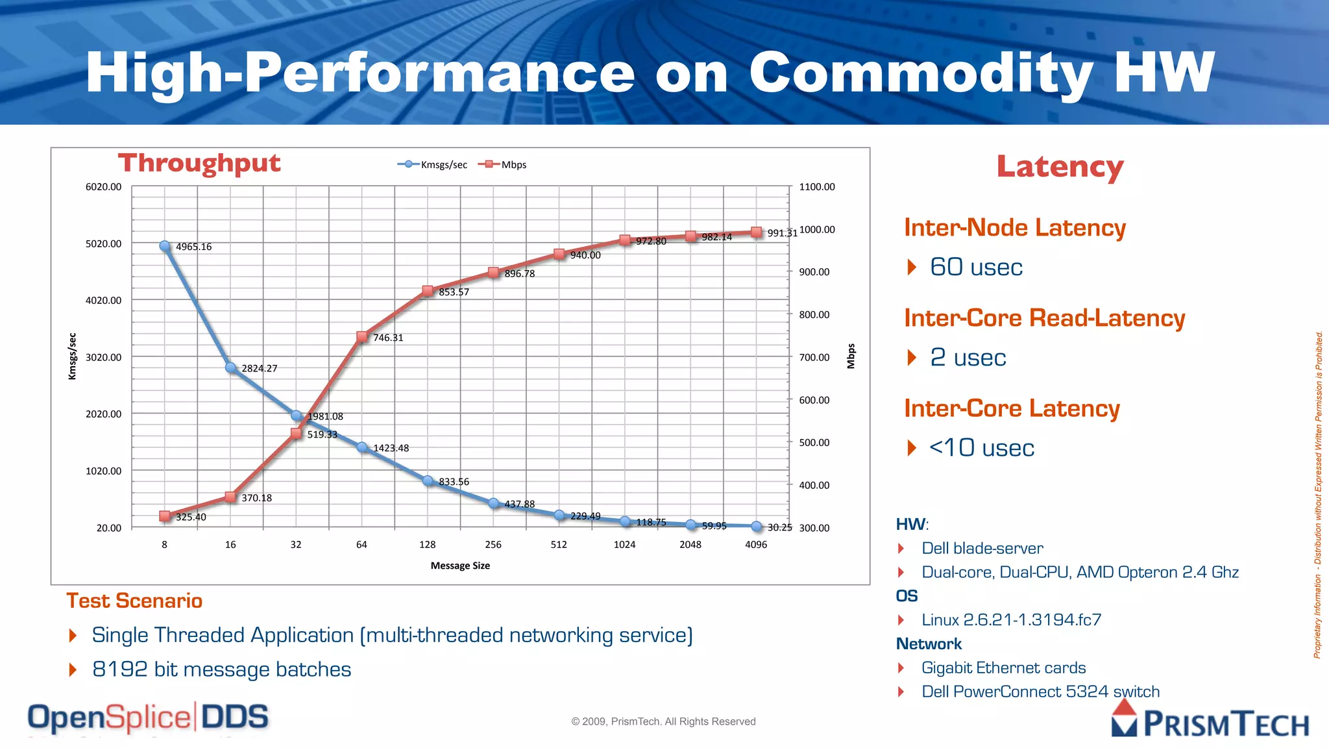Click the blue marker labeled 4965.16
click(x=165, y=246)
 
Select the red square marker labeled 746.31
click(x=362, y=336)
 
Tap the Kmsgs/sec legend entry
click(x=433, y=165)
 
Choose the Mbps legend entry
click(x=503, y=165)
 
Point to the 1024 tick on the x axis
click(x=624, y=545)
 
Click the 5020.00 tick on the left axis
click(x=103, y=243)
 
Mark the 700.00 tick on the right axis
click(x=814, y=357)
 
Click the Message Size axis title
click(x=460, y=566)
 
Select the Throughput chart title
click(x=199, y=164)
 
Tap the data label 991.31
click(x=782, y=233)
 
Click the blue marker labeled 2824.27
click(x=230, y=368)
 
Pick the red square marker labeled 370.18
click(x=230, y=497)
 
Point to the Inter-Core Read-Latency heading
click(x=1044, y=318)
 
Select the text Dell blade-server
click(x=982, y=549)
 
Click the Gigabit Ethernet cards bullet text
click(x=1003, y=668)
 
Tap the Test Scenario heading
click(x=134, y=601)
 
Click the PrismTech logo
click(x=1210, y=721)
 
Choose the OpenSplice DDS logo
click(x=148, y=718)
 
